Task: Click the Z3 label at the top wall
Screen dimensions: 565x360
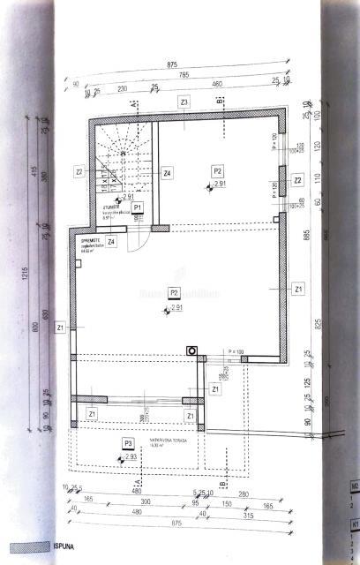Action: click(184, 102)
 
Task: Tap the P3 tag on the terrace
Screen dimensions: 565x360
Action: click(129, 443)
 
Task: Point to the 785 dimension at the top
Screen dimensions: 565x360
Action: click(182, 74)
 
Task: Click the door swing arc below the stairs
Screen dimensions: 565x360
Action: click(136, 243)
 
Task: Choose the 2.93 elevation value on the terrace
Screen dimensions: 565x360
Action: click(130, 457)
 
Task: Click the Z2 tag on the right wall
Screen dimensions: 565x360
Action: click(298, 180)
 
